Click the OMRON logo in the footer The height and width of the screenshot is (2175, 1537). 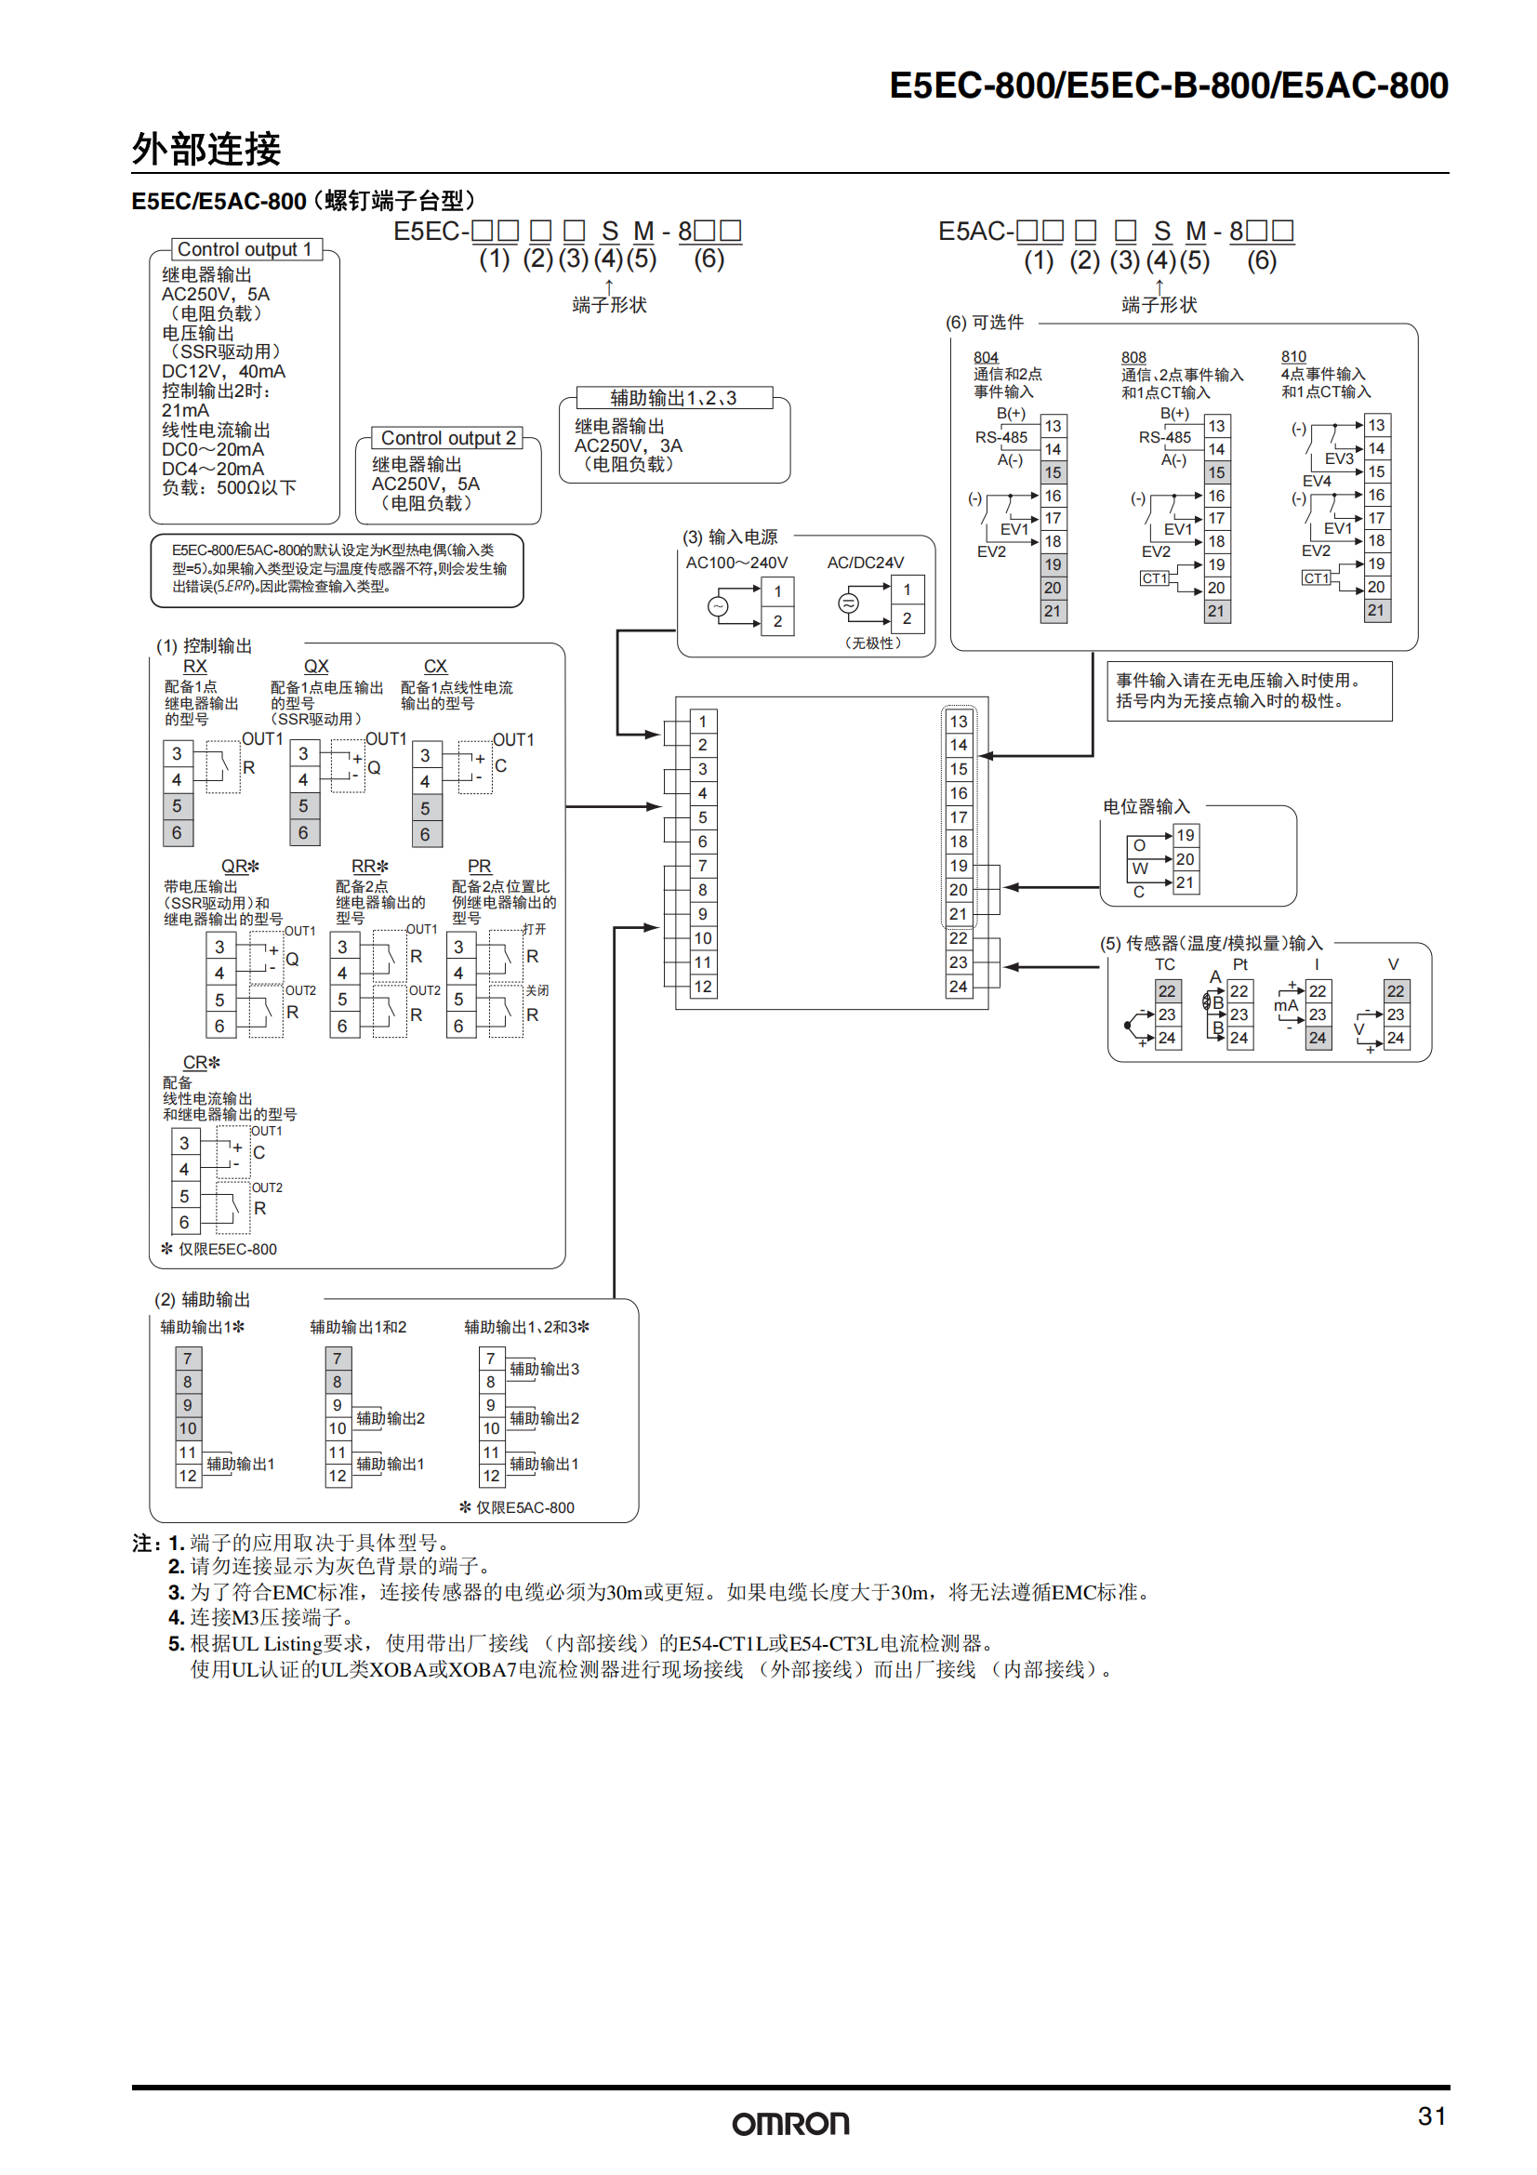[789, 2123]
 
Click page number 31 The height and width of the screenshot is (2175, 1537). [1431, 2115]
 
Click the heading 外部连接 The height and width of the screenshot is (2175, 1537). [206, 149]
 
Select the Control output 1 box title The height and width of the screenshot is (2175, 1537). [245, 249]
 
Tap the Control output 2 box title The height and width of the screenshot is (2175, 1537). [448, 438]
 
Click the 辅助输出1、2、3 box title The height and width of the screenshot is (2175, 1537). [673, 398]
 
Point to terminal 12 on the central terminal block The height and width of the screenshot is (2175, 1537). [703, 986]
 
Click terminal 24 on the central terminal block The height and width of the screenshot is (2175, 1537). [959, 986]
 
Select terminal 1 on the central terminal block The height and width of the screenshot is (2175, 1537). [703, 721]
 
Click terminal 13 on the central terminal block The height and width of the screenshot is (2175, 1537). [959, 721]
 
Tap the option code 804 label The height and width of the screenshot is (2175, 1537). [986, 357]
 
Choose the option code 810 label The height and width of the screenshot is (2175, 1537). [1293, 357]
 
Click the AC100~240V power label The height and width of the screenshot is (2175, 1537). [736, 563]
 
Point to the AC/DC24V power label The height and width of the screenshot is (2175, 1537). [866, 563]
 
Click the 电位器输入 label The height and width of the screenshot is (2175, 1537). [1146, 806]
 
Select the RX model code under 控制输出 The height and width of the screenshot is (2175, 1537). [194, 666]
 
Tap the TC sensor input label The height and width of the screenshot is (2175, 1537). [1165, 964]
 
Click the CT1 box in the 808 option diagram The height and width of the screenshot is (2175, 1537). [1154, 577]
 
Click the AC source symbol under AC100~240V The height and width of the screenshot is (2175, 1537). [719, 606]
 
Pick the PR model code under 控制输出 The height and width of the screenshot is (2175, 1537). [479, 866]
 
